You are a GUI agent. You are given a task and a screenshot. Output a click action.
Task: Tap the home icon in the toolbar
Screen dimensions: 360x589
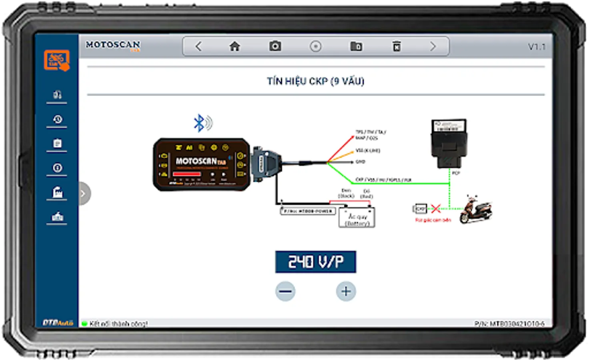[x=235, y=47]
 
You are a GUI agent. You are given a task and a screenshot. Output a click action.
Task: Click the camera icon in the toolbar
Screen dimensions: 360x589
[x=275, y=46]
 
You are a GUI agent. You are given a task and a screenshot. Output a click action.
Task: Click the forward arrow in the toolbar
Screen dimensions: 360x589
[x=433, y=47]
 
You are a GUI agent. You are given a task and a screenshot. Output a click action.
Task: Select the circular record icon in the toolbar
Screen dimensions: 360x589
[x=315, y=47]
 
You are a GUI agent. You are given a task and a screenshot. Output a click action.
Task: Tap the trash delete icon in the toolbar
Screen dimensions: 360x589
[x=396, y=46]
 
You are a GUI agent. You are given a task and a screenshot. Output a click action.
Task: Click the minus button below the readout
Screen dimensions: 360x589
[x=285, y=291]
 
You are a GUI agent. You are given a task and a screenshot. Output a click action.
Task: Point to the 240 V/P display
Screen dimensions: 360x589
[x=315, y=262]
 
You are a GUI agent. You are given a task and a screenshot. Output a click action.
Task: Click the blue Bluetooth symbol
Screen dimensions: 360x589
[x=199, y=123]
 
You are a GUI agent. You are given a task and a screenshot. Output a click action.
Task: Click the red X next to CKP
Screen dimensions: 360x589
[x=436, y=208]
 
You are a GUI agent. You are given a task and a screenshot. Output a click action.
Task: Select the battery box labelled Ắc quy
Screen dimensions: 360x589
[x=357, y=217]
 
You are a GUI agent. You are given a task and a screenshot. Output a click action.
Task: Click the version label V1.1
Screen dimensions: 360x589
[x=537, y=47]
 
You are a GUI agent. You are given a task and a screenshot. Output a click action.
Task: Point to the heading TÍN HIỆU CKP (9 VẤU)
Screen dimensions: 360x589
[x=315, y=82]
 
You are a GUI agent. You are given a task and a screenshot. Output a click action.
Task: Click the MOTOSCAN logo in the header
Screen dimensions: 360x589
[x=113, y=45]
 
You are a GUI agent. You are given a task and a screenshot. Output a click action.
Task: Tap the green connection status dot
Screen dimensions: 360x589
[x=84, y=324]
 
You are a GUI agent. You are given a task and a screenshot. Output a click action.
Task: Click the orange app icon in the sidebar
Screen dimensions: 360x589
[x=57, y=60]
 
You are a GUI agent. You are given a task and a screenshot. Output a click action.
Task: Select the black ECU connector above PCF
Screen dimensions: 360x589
[x=449, y=143]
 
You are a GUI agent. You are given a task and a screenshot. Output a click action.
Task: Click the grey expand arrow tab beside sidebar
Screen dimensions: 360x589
[x=84, y=194]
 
